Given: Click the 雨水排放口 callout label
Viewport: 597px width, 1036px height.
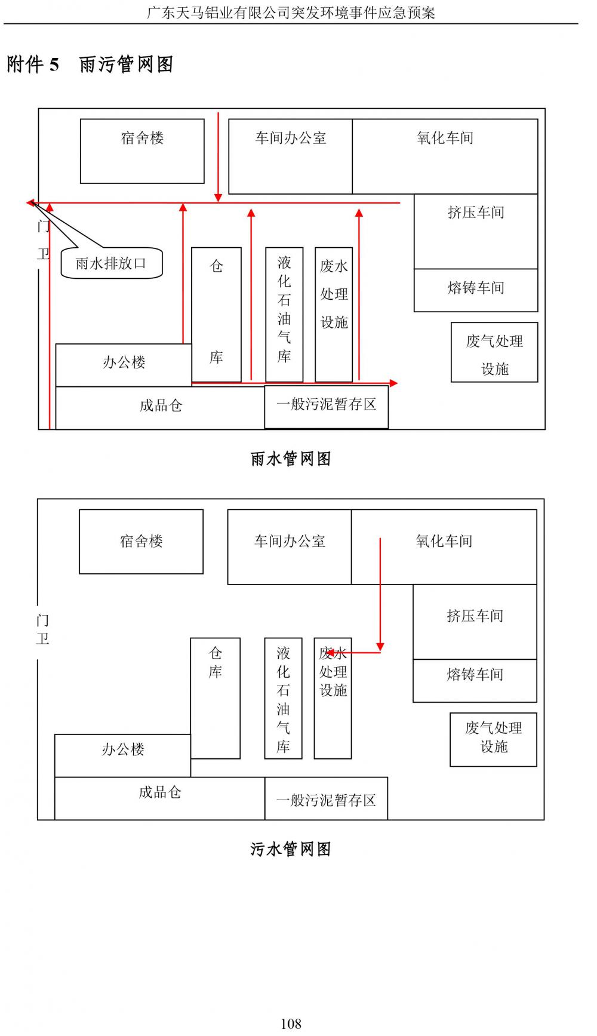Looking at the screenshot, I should [x=111, y=263].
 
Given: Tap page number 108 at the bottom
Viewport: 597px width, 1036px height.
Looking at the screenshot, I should [x=291, y=1023].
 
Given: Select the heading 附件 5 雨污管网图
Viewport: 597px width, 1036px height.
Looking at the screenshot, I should [x=90, y=64].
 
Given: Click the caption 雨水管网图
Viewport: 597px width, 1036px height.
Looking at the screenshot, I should [x=291, y=459].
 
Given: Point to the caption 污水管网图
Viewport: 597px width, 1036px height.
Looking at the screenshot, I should [x=291, y=849].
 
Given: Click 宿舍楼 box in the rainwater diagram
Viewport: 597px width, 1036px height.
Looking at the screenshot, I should [x=142, y=151].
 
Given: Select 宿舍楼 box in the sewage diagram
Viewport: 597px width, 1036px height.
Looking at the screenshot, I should [x=141, y=542].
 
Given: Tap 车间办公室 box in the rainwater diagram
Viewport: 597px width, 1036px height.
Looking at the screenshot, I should [x=291, y=156].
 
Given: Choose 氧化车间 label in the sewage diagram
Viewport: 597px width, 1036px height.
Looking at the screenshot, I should [x=444, y=541].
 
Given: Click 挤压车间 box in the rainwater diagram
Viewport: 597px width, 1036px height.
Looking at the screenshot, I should [x=476, y=231].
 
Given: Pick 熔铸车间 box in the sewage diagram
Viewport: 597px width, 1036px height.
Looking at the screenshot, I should [x=475, y=681].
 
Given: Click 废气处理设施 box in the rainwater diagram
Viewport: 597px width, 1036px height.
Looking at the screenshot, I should [x=494, y=352].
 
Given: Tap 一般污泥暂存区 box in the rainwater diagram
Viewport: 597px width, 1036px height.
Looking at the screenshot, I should [x=326, y=406].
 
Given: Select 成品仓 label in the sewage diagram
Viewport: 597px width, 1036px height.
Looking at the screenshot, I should [x=159, y=792].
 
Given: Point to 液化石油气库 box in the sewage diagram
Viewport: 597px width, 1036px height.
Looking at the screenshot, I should [x=283, y=699].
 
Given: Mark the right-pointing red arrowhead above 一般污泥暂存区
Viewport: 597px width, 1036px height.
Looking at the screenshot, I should [x=393, y=383].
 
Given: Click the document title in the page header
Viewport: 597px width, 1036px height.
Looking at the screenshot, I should [x=291, y=12].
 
